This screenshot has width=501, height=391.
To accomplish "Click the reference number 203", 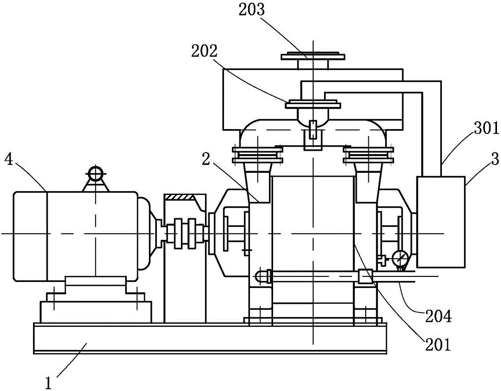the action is click(x=252, y=10).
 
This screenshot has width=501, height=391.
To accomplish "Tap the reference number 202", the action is click(x=204, y=51).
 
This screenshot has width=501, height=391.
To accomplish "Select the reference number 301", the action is click(x=486, y=129).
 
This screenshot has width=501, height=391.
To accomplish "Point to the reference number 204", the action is click(x=438, y=316).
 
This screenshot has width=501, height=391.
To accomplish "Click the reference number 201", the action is click(x=437, y=345).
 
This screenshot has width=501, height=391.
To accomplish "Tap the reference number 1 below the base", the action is click(x=49, y=383).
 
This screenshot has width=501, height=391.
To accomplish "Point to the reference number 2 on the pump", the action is click(x=206, y=160).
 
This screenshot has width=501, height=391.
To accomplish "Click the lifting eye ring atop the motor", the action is click(x=95, y=174).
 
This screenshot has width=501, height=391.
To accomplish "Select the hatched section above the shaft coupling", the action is click(x=180, y=197).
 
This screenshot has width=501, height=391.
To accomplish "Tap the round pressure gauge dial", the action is click(x=400, y=257).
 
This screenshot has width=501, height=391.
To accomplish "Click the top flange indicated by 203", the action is click(x=313, y=56).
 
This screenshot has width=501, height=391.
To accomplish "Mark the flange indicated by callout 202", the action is click(x=313, y=104).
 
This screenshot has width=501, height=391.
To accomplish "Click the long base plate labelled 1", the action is click(x=210, y=338).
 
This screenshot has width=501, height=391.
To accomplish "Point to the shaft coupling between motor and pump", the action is click(x=183, y=233).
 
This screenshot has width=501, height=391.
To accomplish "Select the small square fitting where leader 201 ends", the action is click(x=366, y=276).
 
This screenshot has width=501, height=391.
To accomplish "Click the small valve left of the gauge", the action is click(x=381, y=259).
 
